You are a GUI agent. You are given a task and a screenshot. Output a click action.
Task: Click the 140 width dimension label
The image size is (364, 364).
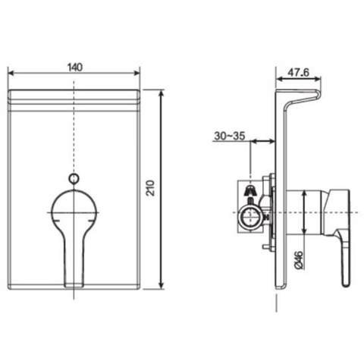tap(74, 67)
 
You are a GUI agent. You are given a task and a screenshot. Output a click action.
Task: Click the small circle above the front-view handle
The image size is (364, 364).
tap(74, 178)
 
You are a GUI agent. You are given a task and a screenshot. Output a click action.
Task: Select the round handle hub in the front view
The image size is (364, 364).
tap(74, 208)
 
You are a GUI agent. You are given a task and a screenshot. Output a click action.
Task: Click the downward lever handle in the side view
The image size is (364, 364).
tap(343, 250)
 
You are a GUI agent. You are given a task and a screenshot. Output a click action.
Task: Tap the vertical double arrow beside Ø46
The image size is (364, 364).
tap(304, 212)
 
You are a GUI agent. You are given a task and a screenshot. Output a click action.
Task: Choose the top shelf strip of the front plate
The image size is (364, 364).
tap(74, 97)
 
